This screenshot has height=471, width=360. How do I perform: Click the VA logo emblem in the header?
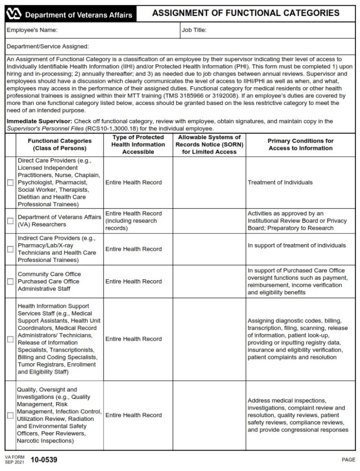(x=15, y=15)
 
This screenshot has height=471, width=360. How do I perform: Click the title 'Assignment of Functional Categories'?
(x=246, y=13)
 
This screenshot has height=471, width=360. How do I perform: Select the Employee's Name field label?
(x=32, y=30)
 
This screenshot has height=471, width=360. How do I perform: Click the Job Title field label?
(x=194, y=30)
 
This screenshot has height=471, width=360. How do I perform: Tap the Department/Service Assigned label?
(x=47, y=46)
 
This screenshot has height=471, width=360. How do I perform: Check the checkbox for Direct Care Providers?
(x=10, y=182)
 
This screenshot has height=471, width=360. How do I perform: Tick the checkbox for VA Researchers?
(x=10, y=221)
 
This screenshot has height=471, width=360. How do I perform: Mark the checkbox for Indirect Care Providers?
(x=10, y=249)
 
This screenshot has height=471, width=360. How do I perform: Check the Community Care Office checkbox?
(x=10, y=282)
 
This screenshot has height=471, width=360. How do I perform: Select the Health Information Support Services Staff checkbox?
(x=10, y=339)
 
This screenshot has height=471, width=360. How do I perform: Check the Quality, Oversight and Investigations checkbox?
(x=10, y=415)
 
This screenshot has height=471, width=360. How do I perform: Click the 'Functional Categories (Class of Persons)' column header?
(x=60, y=144)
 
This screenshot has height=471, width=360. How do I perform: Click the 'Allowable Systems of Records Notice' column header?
(x=210, y=144)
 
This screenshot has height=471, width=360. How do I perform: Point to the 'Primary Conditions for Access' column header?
(x=300, y=144)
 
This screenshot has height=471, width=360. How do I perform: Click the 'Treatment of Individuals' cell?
(x=280, y=182)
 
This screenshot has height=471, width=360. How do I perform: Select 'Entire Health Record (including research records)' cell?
(x=134, y=221)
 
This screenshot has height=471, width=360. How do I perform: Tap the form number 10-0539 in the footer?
(x=44, y=460)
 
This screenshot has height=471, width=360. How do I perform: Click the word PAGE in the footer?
(x=349, y=460)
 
